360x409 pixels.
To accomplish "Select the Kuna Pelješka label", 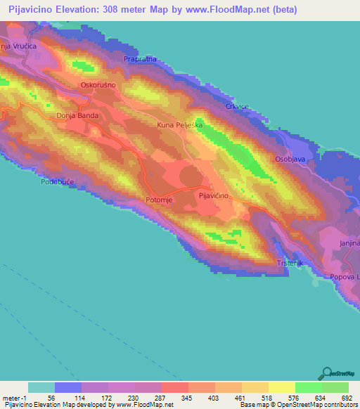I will point(179,124).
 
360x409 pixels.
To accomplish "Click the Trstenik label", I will point(290,263).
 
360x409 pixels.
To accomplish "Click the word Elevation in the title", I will point(85,10).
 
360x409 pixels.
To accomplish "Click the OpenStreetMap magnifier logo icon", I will point(327,374).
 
